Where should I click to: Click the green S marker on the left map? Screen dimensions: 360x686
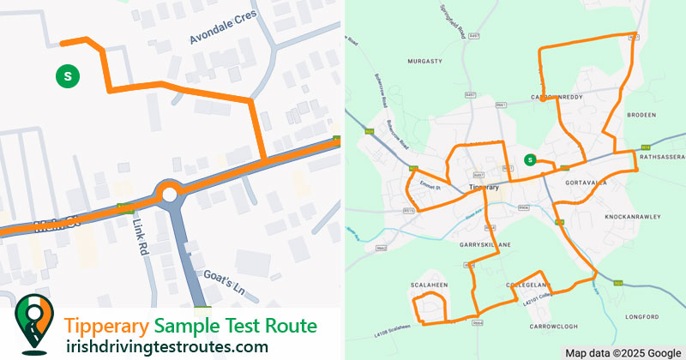(67, 75)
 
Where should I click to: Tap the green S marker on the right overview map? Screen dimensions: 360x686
(530, 159)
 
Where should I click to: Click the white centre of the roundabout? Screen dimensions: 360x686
(168, 195)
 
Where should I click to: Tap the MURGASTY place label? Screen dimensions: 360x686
(424, 62)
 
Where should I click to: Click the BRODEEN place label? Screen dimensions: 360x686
(641, 114)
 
